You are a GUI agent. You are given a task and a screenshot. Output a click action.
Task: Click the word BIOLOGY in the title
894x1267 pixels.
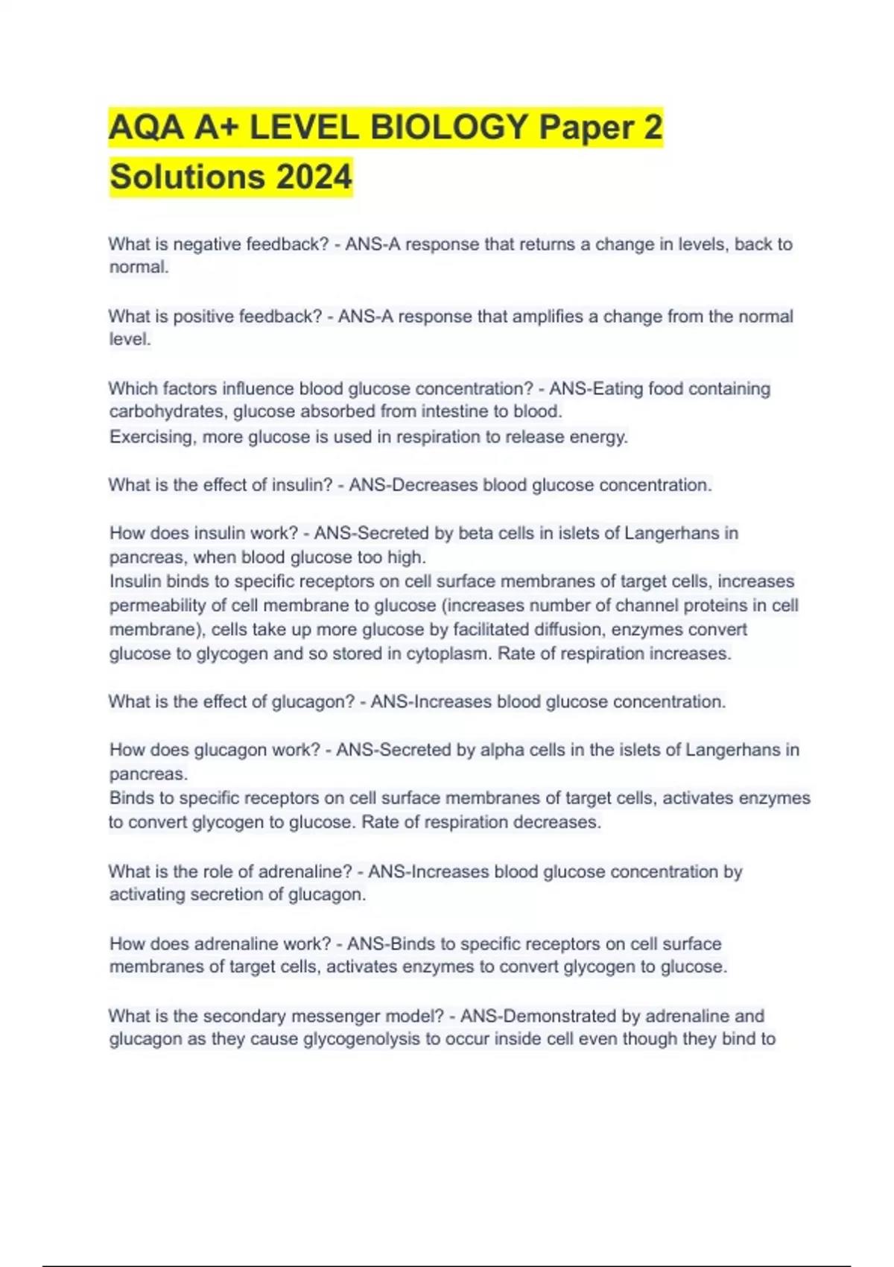(449, 127)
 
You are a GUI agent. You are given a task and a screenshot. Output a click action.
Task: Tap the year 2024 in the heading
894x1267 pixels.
(314, 177)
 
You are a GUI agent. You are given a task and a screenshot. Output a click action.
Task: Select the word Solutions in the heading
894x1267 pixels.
(187, 177)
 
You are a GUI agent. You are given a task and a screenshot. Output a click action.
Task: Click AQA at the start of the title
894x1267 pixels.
(146, 127)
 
